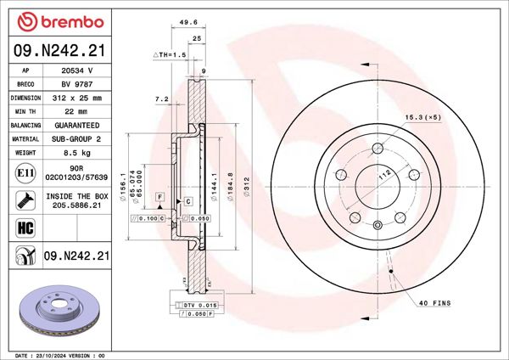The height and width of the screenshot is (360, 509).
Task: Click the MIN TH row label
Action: [26, 111]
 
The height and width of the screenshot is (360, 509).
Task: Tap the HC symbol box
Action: [25, 226]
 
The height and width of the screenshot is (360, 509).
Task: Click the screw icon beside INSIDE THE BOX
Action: [25, 200]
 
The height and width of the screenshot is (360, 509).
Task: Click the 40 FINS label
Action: [434, 303]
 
